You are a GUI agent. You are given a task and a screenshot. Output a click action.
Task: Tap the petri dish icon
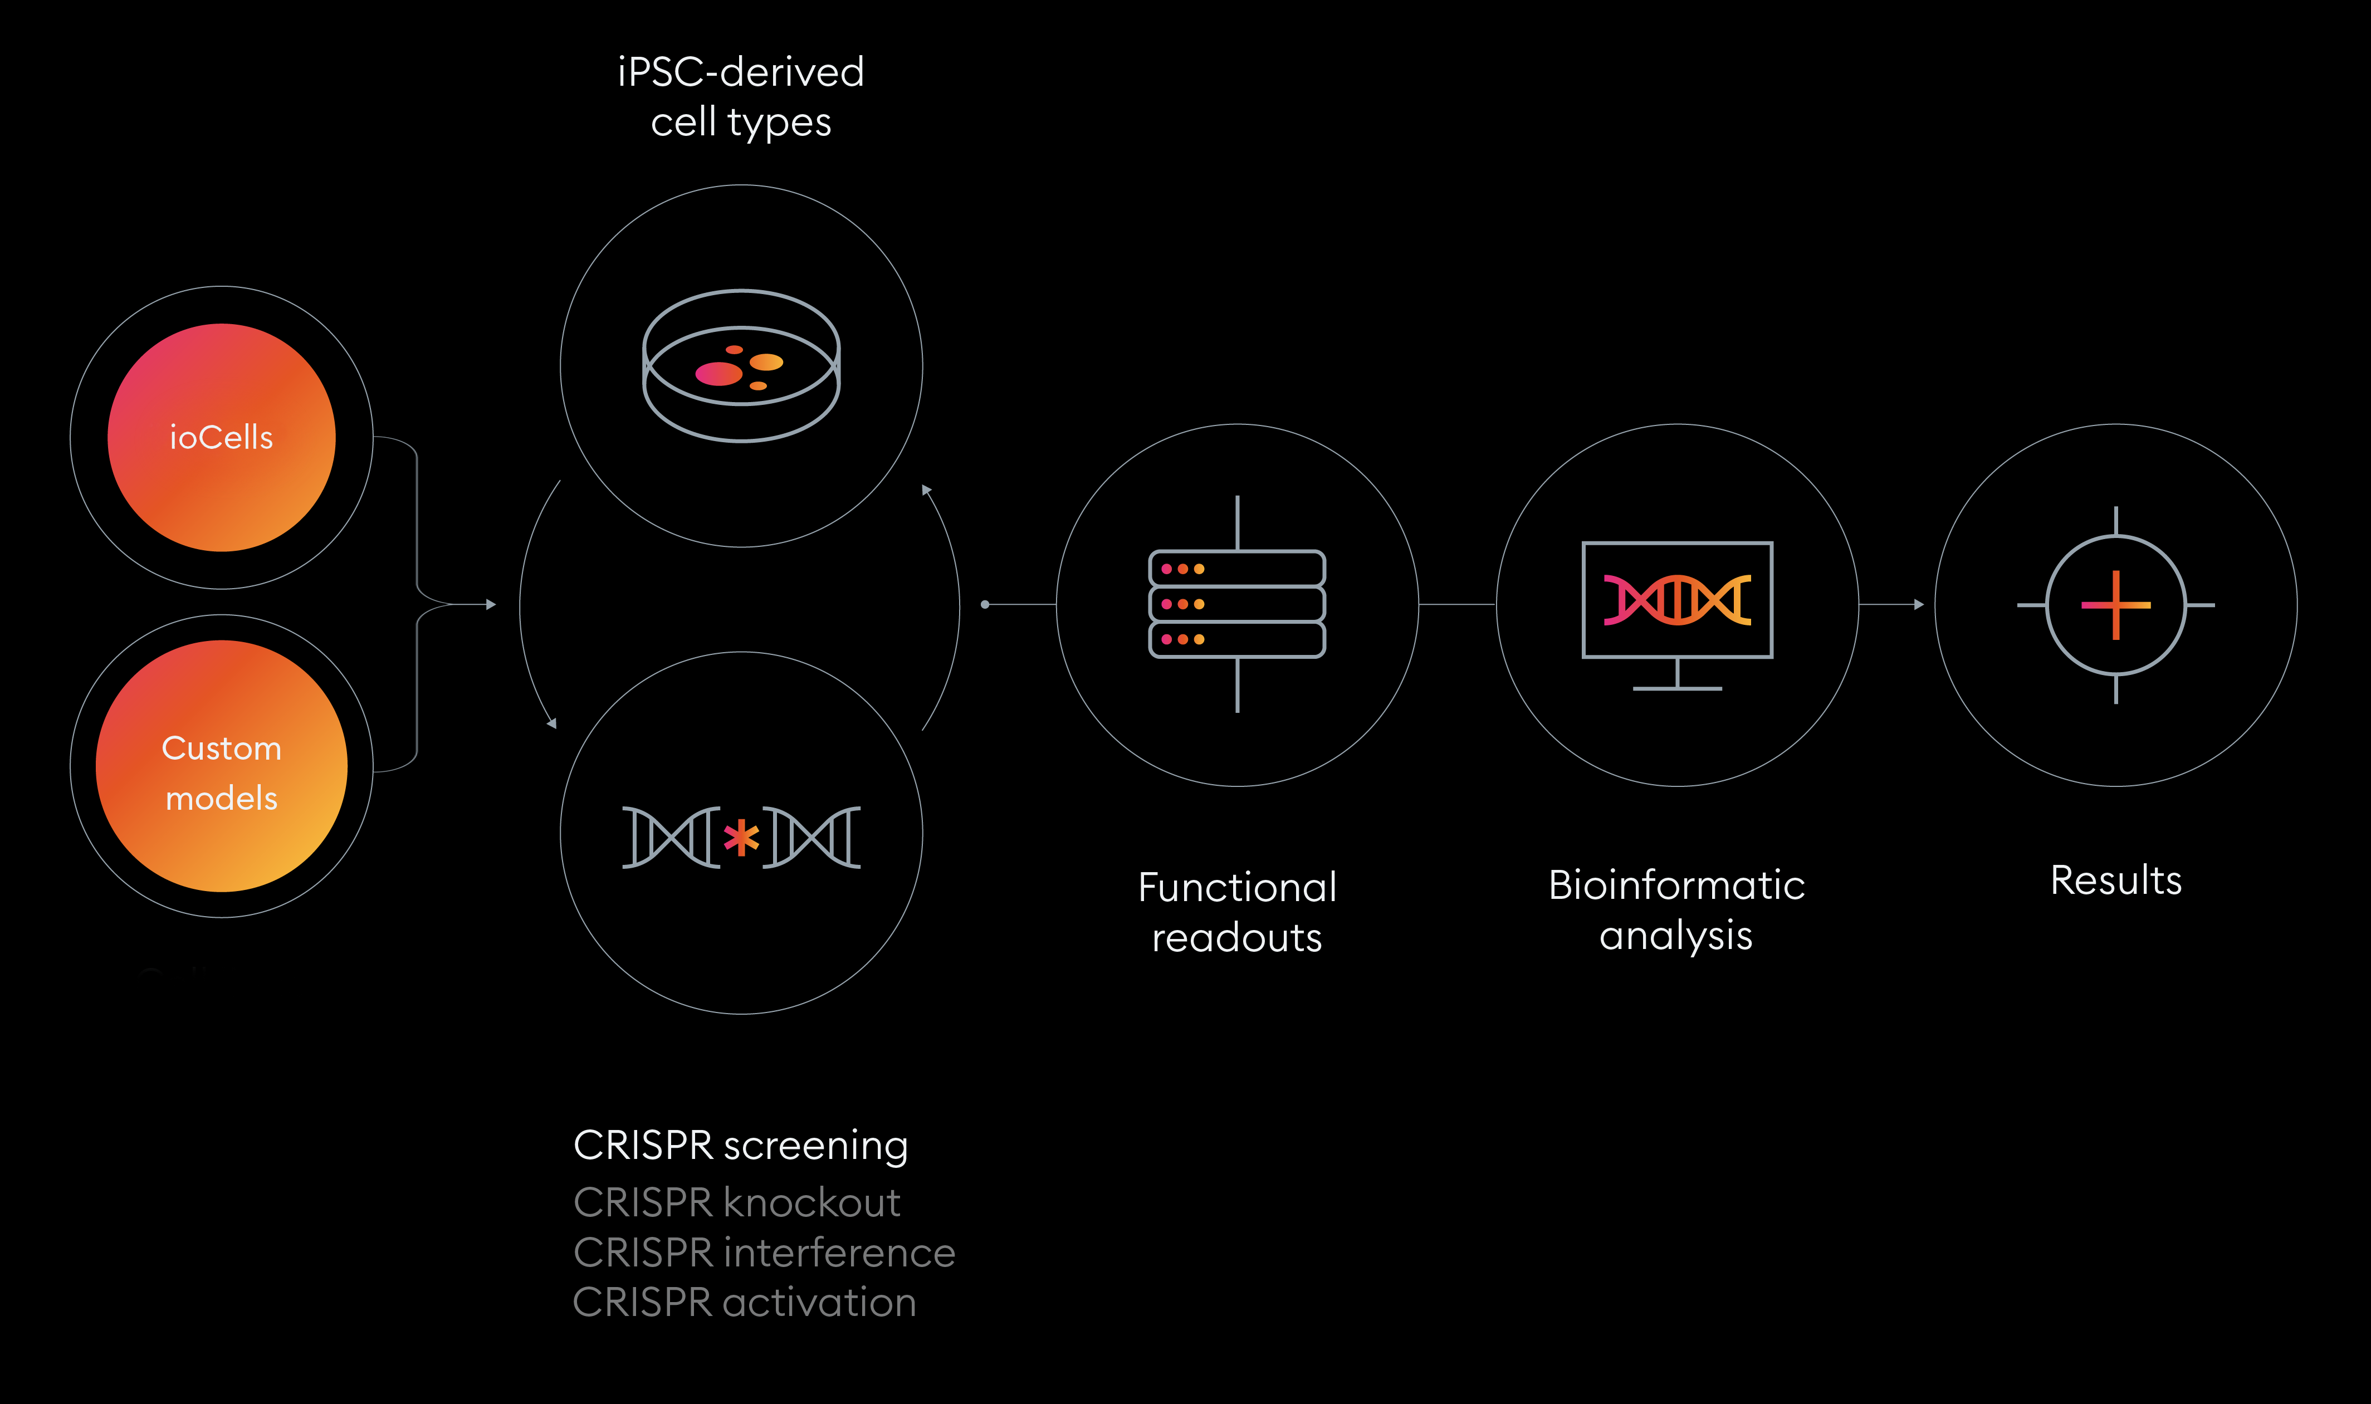(741, 365)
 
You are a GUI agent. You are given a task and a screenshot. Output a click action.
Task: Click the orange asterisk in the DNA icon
(741, 837)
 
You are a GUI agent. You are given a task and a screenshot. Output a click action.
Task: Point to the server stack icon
(1236, 604)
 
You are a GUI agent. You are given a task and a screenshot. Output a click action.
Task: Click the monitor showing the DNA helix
(1676, 600)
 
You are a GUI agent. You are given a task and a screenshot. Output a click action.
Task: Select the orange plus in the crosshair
(2115, 605)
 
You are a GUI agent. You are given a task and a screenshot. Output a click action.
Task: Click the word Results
(2115, 880)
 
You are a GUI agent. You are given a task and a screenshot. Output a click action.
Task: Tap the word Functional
(1236, 887)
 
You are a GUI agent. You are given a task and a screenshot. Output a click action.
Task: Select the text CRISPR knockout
(736, 1202)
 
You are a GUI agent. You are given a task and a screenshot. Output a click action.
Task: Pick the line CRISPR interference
(764, 1253)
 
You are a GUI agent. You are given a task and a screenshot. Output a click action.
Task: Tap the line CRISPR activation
(744, 1303)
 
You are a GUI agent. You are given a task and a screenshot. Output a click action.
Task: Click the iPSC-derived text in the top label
(741, 72)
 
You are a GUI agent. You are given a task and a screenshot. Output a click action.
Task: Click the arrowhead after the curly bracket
(491, 605)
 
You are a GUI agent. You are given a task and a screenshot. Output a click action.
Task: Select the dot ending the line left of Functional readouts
(985, 605)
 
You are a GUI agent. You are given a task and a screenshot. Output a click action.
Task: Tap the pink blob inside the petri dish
(718, 374)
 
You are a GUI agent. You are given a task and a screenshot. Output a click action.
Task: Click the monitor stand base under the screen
(1676, 688)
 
